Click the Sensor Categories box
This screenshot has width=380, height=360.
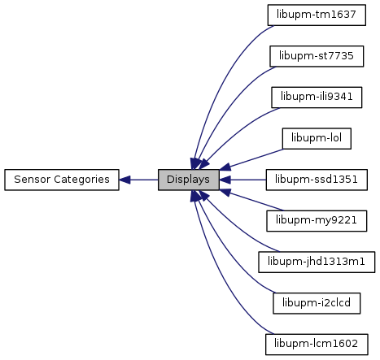(62, 180)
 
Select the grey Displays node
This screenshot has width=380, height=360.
(189, 180)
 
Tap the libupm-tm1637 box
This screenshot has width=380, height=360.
(317, 15)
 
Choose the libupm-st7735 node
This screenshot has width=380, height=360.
(317, 56)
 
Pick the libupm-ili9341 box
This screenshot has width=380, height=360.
(317, 98)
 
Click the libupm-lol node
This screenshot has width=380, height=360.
(317, 138)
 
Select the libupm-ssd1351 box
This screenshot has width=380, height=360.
(317, 180)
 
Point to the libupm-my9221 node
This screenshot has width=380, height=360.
(317, 221)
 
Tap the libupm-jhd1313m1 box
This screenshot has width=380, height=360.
(317, 262)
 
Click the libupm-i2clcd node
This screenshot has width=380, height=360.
(317, 303)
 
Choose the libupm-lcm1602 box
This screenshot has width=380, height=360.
(317, 345)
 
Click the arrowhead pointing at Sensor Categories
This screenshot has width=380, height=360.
(124, 180)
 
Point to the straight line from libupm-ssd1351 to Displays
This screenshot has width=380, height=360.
(242, 180)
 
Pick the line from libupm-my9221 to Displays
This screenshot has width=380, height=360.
(251, 201)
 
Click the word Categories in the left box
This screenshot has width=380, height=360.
(81, 180)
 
